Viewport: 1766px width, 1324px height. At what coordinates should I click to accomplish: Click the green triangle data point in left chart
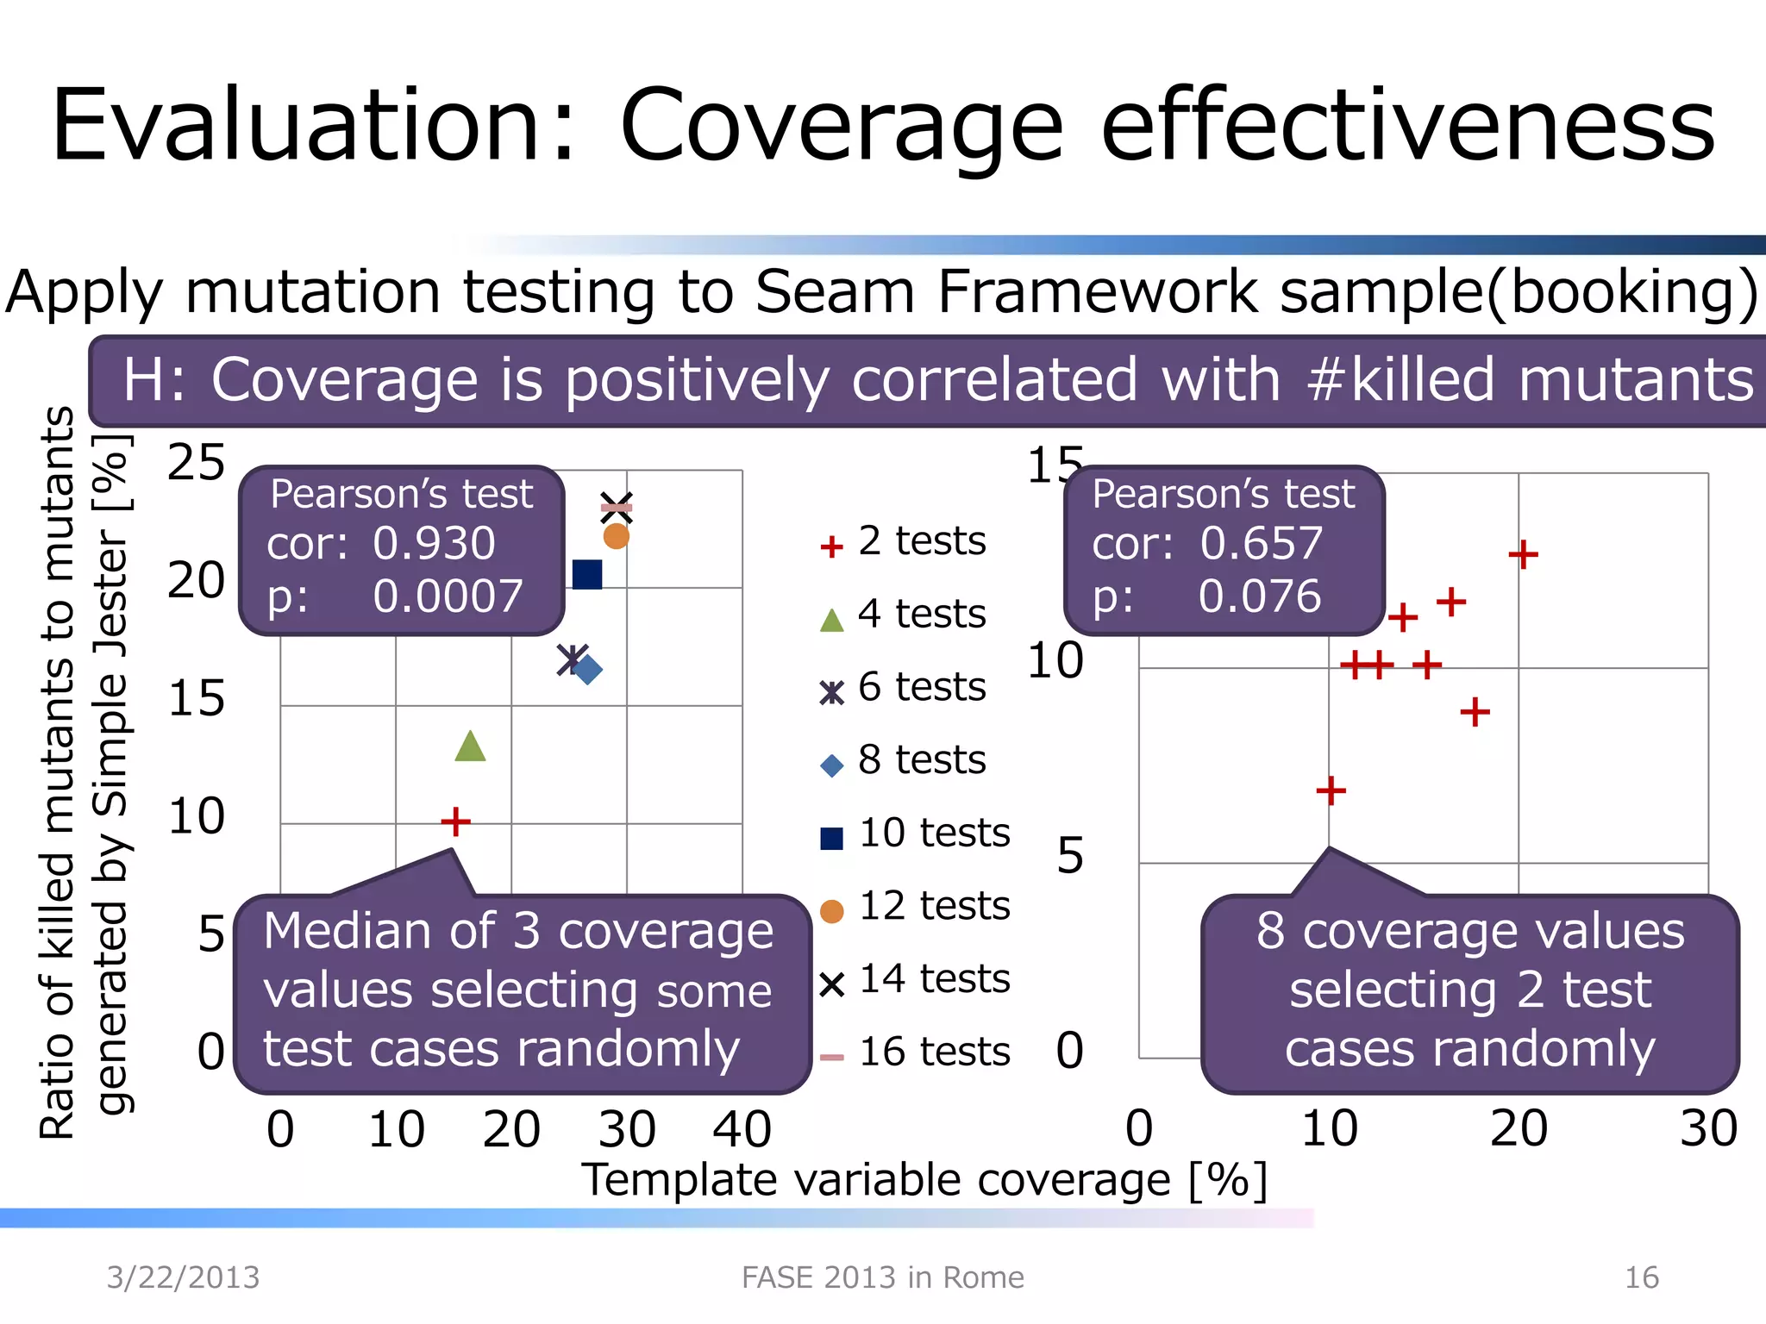tap(470, 746)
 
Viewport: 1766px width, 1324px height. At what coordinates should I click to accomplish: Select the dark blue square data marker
tap(587, 574)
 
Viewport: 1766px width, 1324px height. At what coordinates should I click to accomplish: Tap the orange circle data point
tap(616, 537)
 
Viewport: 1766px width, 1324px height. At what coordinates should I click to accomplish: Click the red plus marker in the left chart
tap(455, 821)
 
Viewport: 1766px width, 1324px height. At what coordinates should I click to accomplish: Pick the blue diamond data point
tap(588, 669)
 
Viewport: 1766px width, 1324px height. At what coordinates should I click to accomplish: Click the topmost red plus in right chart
tap(1523, 554)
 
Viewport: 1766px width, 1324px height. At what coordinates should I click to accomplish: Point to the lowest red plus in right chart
tap(1331, 790)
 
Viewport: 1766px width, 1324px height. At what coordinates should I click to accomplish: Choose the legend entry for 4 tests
tap(903, 615)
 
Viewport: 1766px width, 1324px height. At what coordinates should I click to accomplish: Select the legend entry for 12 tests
tap(915, 907)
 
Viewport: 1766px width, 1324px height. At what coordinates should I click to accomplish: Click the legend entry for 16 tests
tap(915, 1052)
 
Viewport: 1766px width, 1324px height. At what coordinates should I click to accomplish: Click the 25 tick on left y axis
tap(196, 463)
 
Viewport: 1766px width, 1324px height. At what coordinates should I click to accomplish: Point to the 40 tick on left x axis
tap(742, 1129)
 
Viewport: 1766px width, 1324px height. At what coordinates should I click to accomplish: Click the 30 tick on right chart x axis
tap(1708, 1128)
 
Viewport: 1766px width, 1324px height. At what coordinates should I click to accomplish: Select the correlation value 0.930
tap(434, 544)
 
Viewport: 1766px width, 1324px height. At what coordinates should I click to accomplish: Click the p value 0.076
tap(1259, 596)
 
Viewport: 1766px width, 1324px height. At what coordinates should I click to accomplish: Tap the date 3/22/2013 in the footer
tap(183, 1277)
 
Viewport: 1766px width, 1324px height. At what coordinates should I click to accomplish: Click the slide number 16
tap(1641, 1277)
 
